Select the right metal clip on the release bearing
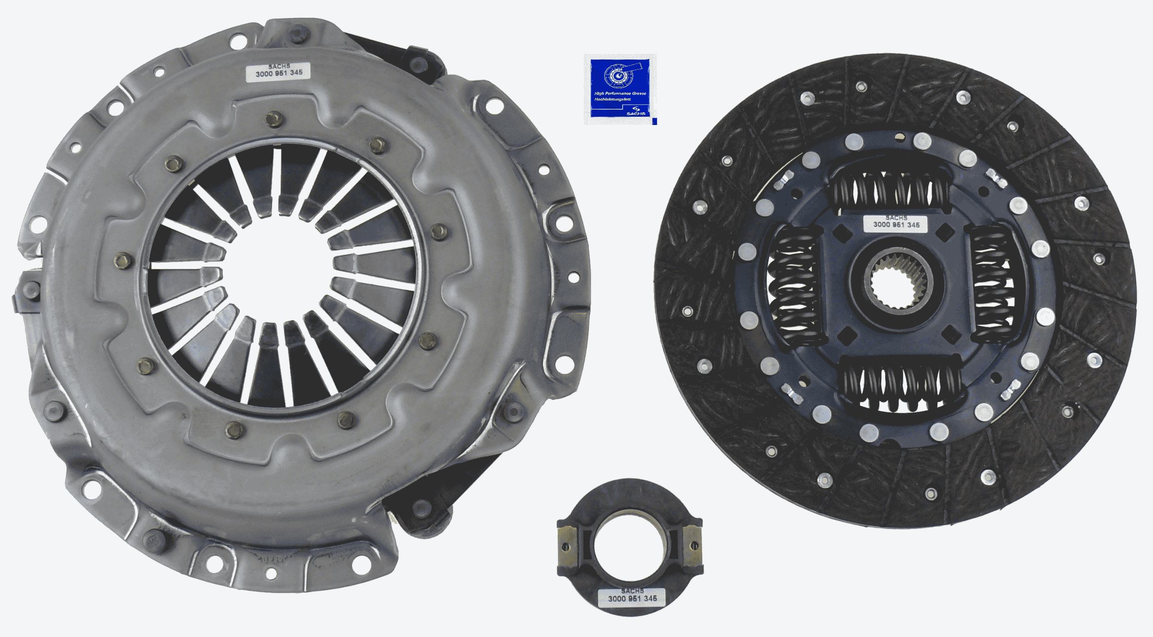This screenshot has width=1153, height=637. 693,546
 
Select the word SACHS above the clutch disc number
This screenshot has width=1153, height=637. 896,217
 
